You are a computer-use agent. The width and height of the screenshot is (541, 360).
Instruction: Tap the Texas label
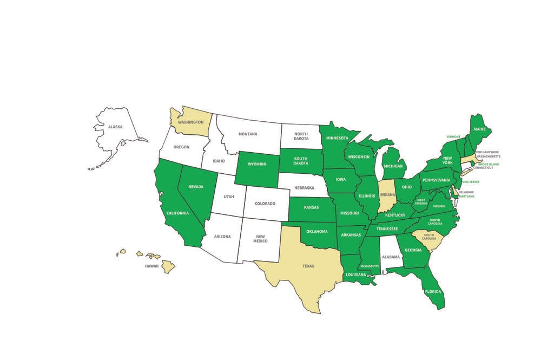pos(308,266)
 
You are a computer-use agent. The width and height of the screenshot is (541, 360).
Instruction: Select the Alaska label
pos(115,127)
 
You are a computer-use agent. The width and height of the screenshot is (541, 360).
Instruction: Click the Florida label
pos(433,291)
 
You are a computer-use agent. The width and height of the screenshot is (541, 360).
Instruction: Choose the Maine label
pos(479,129)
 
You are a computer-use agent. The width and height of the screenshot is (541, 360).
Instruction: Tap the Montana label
pos(248,134)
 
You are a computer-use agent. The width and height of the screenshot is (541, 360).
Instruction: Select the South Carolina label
pos(428,237)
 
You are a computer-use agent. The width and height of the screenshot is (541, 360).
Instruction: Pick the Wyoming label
pos(257,163)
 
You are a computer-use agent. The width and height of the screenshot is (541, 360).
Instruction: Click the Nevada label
pos(196,187)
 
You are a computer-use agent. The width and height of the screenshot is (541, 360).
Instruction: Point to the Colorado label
pos(265,204)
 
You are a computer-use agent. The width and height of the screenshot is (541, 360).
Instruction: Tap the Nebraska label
pos(305,188)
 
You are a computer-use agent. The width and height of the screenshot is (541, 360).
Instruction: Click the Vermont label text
pos(453,136)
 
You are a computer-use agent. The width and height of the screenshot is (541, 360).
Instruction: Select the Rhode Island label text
pos(489,163)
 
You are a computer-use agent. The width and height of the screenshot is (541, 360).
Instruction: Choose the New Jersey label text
pos(471,182)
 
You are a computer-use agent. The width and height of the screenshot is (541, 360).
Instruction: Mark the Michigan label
pos(394,166)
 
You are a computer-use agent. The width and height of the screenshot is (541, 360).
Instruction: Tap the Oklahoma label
pos(317,231)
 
